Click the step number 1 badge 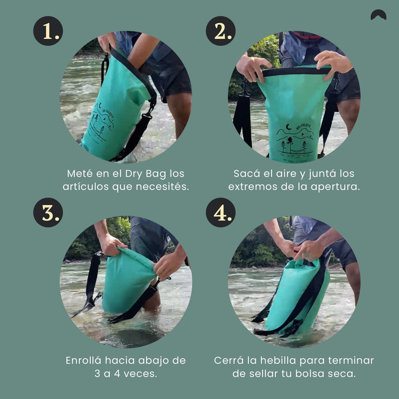pyautogui.click(x=48, y=31)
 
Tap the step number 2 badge pyautogui.click(x=221, y=31)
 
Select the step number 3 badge pyautogui.click(x=48, y=212)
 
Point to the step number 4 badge pyautogui.click(x=221, y=212)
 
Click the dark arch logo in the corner pyautogui.click(x=378, y=15)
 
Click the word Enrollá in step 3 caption pyautogui.click(x=83, y=360)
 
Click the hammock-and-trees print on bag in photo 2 pyautogui.click(x=294, y=144)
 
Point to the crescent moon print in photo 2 pyautogui.click(x=289, y=127)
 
